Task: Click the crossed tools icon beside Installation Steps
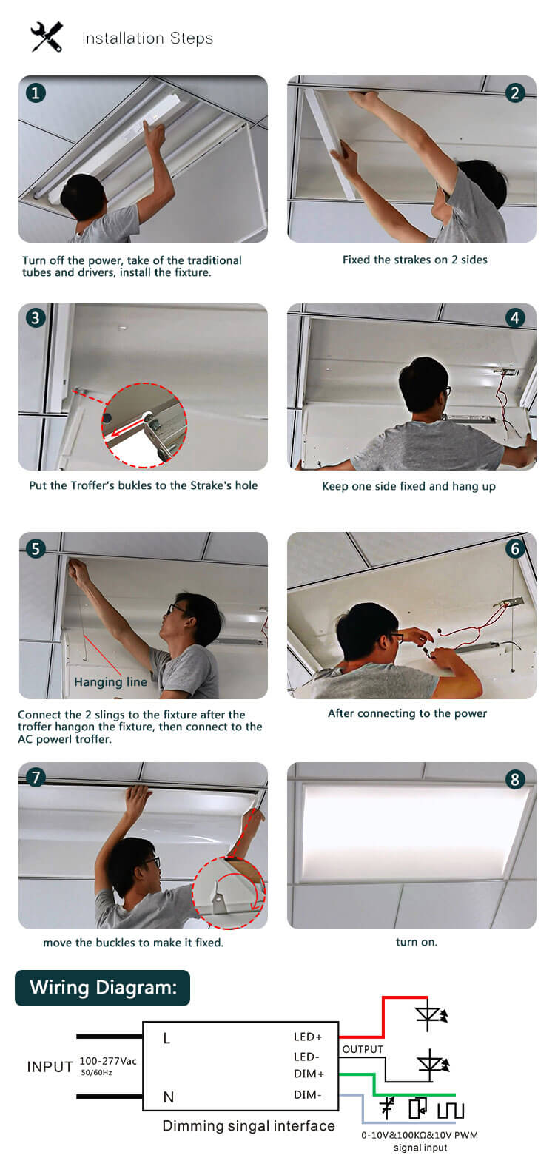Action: click(47, 36)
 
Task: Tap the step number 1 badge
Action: click(36, 92)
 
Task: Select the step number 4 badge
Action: click(515, 318)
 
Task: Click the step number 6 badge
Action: click(515, 548)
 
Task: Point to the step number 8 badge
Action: click(515, 779)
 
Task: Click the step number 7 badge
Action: click(36, 778)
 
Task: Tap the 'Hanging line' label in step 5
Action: click(110, 682)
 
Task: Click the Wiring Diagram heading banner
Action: click(103, 988)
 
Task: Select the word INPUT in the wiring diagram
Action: click(50, 1067)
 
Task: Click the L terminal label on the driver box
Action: click(166, 1039)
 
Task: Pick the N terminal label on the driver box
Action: click(168, 1097)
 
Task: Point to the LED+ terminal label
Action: click(308, 1037)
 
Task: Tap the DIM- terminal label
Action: click(308, 1094)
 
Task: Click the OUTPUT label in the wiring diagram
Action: click(363, 1049)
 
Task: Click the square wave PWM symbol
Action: click(450, 1110)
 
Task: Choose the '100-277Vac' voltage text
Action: click(108, 1061)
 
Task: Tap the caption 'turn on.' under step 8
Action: click(416, 942)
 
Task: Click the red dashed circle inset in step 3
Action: click(144, 425)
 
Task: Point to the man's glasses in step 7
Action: click(152, 863)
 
